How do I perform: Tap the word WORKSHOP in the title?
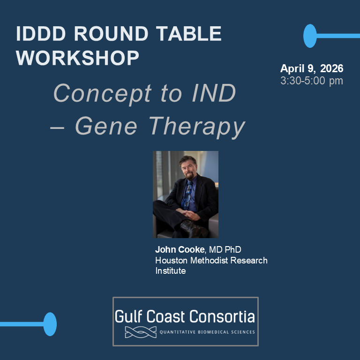click(77, 58)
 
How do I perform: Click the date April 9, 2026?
click(312, 68)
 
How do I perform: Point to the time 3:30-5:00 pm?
click(312, 81)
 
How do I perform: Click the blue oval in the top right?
click(310, 36)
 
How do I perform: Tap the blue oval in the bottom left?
click(50, 324)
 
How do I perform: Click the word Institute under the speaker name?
click(171, 271)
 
